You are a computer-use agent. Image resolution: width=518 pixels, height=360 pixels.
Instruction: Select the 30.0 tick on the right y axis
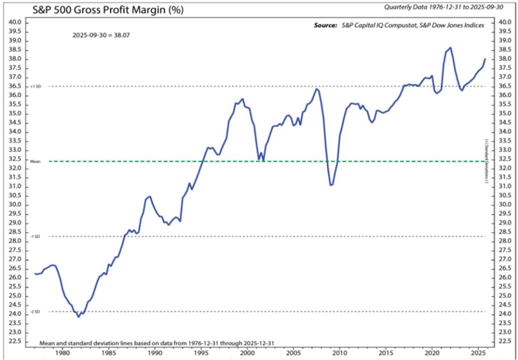click(504, 205)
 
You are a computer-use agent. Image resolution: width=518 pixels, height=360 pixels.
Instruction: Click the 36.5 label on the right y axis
click(504, 86)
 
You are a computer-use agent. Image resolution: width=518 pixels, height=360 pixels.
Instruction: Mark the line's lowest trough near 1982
click(78, 317)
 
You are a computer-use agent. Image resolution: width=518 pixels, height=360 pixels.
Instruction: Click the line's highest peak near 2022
click(450, 48)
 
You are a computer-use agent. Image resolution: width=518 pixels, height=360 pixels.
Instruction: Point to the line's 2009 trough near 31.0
click(331, 185)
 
